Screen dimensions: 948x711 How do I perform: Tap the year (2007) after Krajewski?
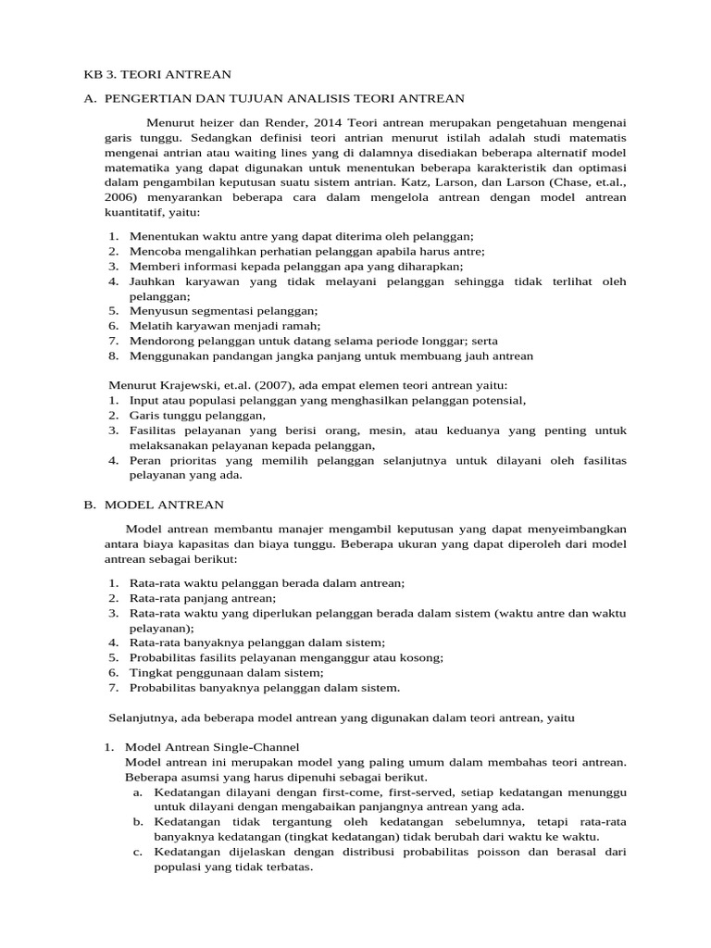point(267,385)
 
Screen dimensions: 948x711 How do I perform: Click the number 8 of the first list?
point(112,355)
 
